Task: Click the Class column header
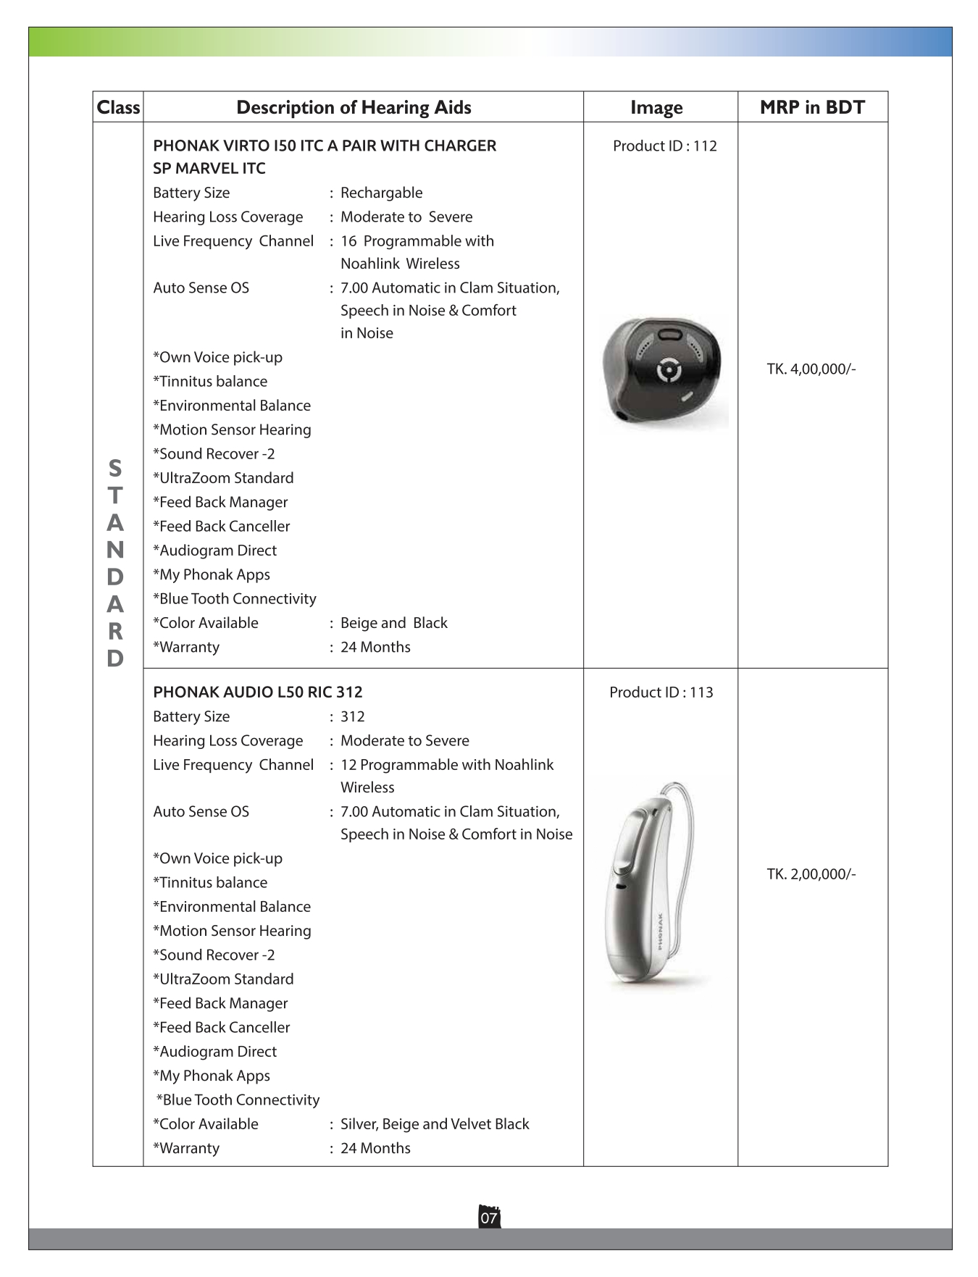[x=118, y=107]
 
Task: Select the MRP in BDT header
[x=812, y=107]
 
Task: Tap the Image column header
[x=656, y=107]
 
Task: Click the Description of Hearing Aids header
[x=354, y=107]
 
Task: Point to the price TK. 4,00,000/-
[x=811, y=369]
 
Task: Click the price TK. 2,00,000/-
[x=811, y=874]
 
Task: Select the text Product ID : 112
[x=664, y=146]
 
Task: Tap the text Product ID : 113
[x=661, y=692]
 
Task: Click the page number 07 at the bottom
[x=489, y=1218]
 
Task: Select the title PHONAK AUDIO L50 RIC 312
[x=257, y=692]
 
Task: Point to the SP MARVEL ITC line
[x=209, y=168]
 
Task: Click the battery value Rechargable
[x=381, y=193]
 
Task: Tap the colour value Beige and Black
[x=393, y=623]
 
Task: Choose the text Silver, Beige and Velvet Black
[x=435, y=1123]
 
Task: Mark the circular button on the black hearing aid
[x=669, y=371]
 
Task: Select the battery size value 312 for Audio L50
[x=352, y=716]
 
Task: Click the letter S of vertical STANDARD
[x=115, y=468]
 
